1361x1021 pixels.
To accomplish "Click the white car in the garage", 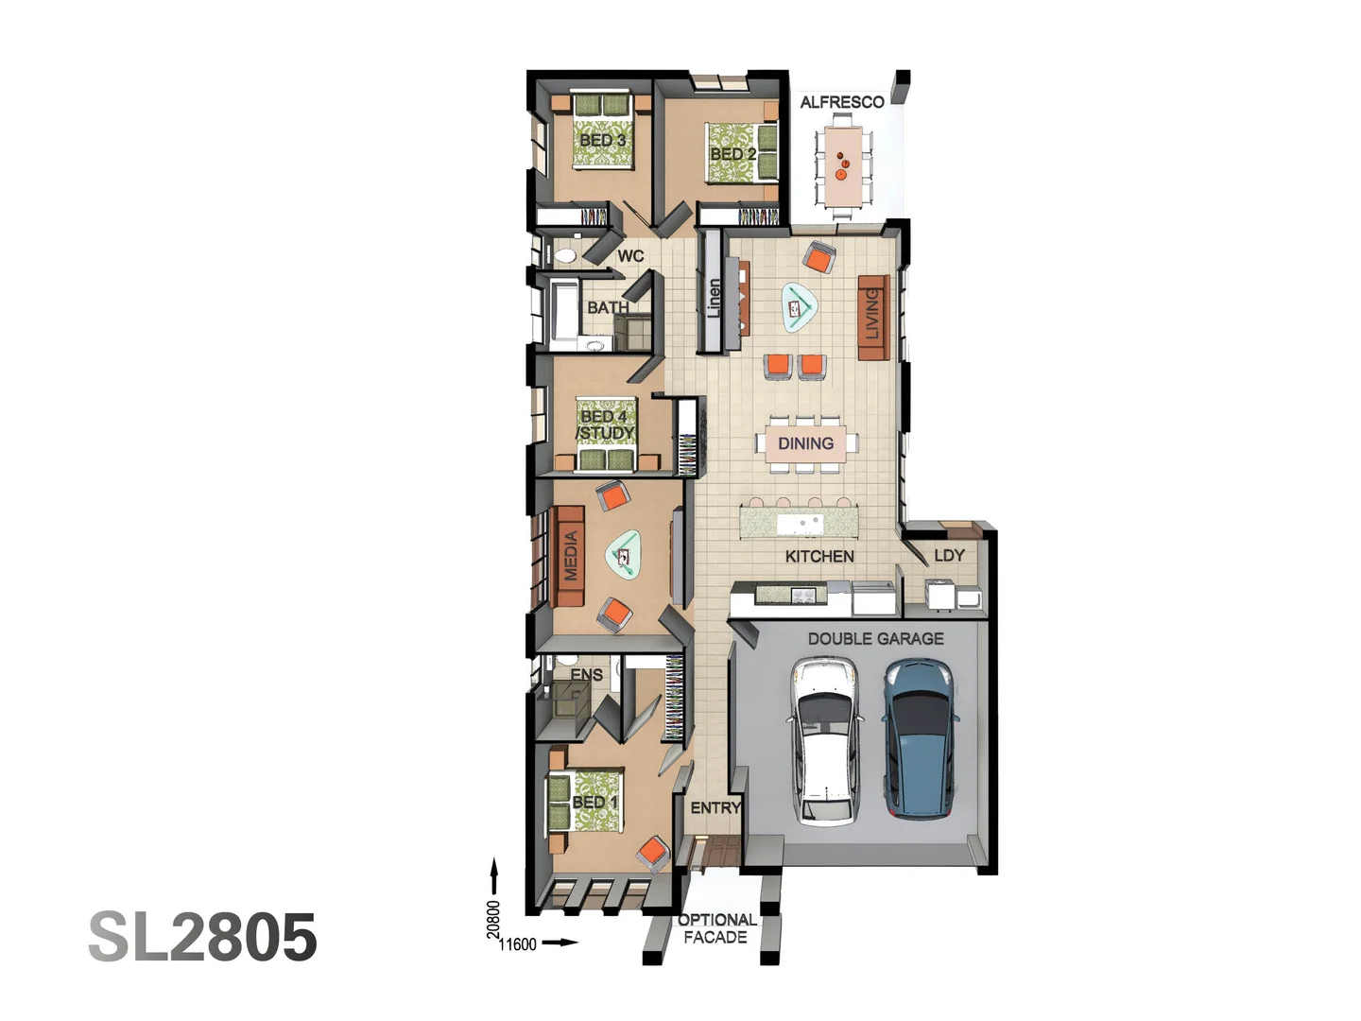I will point(826,741).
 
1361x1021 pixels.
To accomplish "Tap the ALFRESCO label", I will point(841,102).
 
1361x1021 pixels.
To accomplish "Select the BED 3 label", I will point(602,140).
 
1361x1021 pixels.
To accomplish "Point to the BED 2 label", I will point(732,153).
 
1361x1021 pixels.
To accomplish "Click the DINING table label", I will point(805,443).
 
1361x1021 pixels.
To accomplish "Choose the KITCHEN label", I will point(819,557).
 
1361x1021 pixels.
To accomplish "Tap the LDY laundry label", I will point(949,555).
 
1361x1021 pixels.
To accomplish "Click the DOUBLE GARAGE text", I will point(875,639).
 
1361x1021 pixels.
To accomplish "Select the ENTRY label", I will point(715,807).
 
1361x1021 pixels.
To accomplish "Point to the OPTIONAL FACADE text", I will point(716,928).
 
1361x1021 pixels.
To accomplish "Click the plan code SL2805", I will point(202,937).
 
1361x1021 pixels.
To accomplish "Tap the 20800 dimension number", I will point(493,920).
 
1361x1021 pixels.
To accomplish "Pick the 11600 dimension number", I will point(517,943).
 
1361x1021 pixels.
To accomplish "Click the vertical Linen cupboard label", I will point(715,298).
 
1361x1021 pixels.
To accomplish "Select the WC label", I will point(630,255).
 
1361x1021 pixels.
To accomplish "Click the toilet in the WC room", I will point(566,255).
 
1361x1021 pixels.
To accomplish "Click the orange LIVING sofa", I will point(873,317).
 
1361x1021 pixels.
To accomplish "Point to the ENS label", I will point(586,675).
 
